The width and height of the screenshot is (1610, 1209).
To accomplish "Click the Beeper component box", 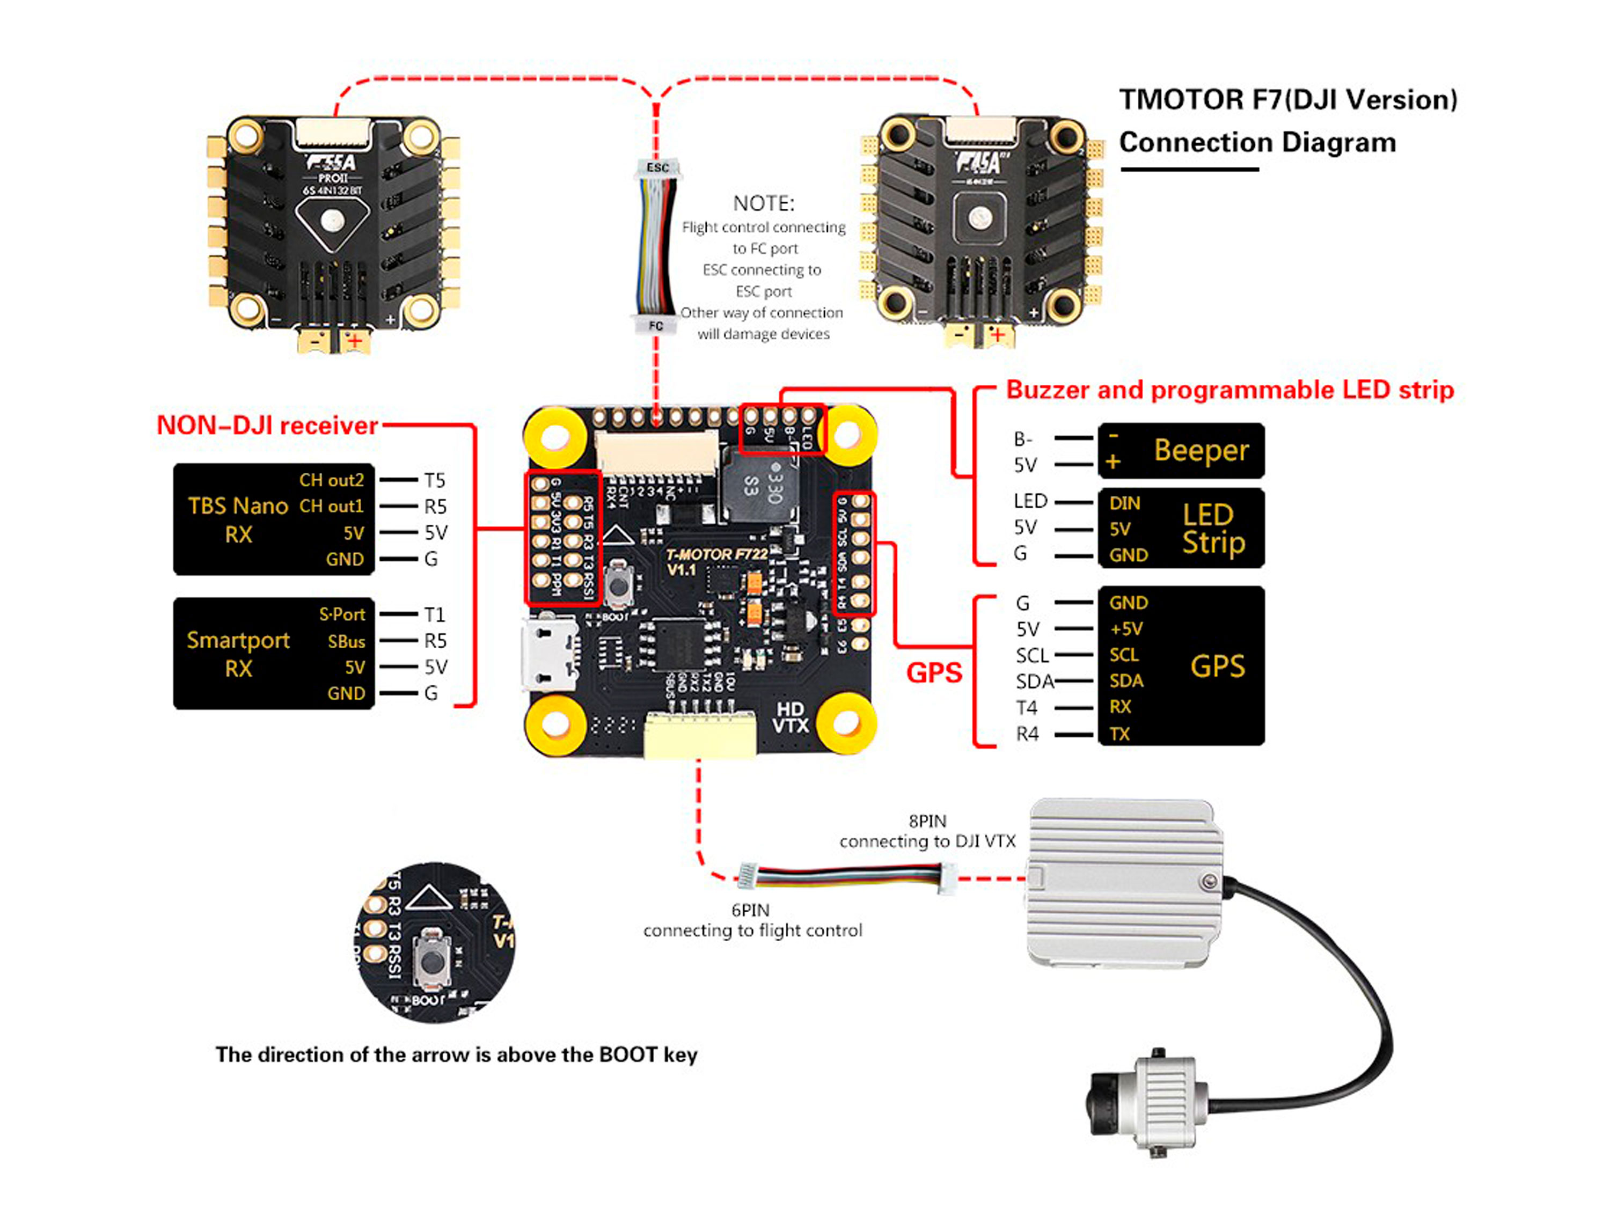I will [1181, 451].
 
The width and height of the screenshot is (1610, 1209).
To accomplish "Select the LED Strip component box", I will [1181, 527].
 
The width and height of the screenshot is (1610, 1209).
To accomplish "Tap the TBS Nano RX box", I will [274, 519].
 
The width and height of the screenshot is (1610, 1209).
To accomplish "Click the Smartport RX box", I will [274, 653].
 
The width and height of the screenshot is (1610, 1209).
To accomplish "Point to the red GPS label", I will [934, 672].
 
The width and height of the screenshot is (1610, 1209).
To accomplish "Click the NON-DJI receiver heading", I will [267, 425].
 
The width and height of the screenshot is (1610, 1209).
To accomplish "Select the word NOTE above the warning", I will [764, 203].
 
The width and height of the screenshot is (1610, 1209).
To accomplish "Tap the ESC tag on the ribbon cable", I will [657, 168].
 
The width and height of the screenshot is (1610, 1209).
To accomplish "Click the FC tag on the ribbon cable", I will [656, 325].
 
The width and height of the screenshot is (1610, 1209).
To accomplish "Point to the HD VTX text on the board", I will [790, 717].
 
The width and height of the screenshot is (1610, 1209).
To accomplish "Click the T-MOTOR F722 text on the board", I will [716, 555].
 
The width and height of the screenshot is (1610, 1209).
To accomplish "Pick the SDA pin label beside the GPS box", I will [1034, 682].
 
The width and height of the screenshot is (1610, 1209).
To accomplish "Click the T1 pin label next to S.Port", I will [435, 615].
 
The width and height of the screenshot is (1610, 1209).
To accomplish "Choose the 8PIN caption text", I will [927, 821].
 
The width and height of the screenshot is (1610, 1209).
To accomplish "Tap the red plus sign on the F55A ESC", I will [354, 341].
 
